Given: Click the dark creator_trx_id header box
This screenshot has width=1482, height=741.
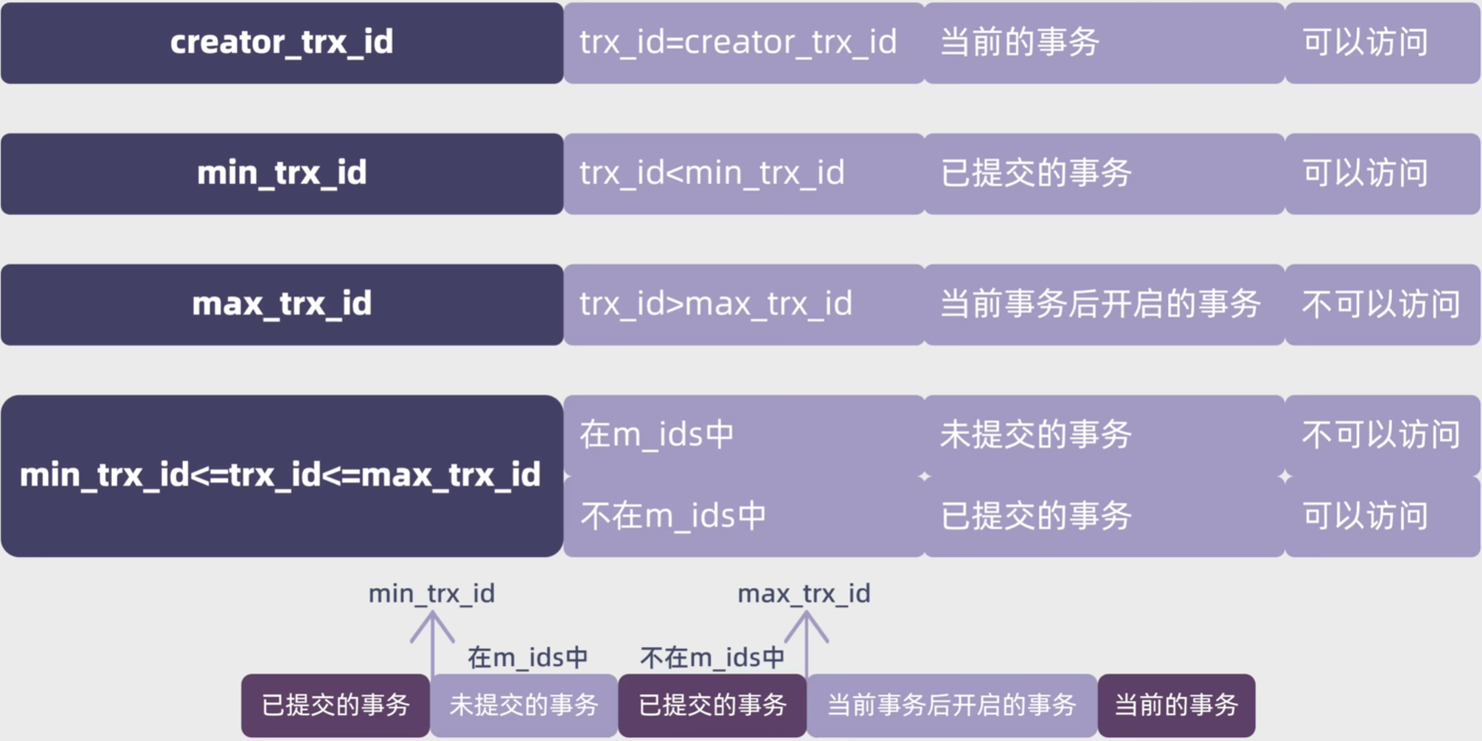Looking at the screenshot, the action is [x=282, y=43].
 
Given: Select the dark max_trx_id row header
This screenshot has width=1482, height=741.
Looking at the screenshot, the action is [x=282, y=304].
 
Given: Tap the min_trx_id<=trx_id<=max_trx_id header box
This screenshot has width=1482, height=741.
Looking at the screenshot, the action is [x=282, y=475].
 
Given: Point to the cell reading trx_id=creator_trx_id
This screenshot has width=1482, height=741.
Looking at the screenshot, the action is [x=744, y=43].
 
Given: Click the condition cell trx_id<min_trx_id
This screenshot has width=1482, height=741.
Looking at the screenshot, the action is [x=744, y=174].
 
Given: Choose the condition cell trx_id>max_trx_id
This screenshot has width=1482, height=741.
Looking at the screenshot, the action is [x=744, y=304].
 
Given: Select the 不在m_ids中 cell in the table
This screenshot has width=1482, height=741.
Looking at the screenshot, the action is [x=744, y=516].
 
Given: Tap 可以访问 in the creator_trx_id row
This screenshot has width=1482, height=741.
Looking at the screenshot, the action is [x=1382, y=43].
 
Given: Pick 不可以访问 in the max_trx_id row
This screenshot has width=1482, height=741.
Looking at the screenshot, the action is [x=1382, y=304].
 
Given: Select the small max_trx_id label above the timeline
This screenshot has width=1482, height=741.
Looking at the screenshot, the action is [x=804, y=594].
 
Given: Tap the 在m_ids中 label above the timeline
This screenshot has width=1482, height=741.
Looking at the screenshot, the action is [x=528, y=658].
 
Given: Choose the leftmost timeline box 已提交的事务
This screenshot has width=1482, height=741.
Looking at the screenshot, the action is [x=335, y=705].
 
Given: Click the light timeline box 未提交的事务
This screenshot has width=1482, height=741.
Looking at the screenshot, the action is [x=524, y=705].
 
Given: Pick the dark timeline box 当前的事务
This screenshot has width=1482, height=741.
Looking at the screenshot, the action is [x=1176, y=705].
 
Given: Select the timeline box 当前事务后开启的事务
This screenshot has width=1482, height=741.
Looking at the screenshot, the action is [x=952, y=705].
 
